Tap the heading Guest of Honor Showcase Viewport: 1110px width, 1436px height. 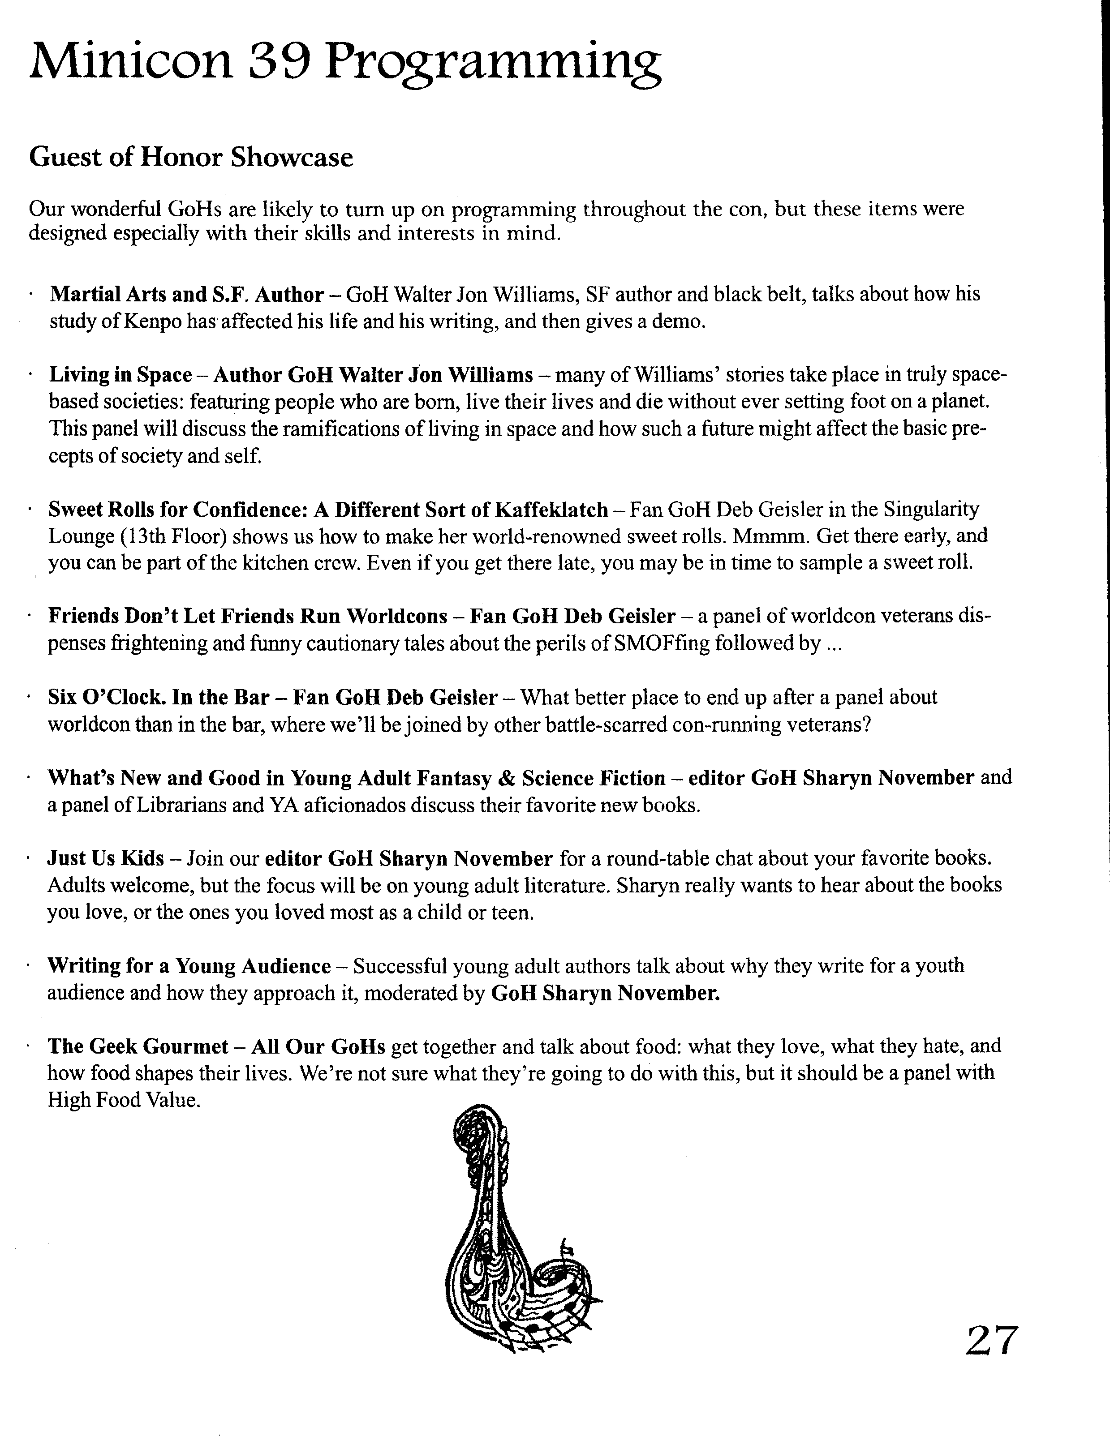point(191,158)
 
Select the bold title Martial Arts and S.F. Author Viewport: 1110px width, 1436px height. point(187,295)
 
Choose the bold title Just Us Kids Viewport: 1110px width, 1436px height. point(105,859)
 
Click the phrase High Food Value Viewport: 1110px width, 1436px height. point(123,1100)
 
